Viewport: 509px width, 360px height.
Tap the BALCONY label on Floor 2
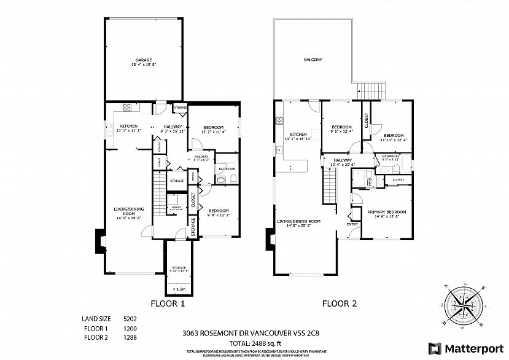tap(313, 60)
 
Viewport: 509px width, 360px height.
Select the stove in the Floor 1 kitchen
tap(129, 107)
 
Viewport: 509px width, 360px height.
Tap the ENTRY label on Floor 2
tap(352, 224)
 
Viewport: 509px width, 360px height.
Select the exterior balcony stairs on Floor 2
tap(370, 90)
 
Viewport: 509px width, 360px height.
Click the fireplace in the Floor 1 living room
tap(99, 241)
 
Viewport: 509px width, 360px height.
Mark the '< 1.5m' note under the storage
tap(180, 289)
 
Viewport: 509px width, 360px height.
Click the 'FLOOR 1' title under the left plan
tap(168, 303)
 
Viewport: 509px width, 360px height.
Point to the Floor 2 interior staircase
tap(330, 185)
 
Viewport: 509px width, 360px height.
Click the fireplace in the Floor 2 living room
tap(269, 240)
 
